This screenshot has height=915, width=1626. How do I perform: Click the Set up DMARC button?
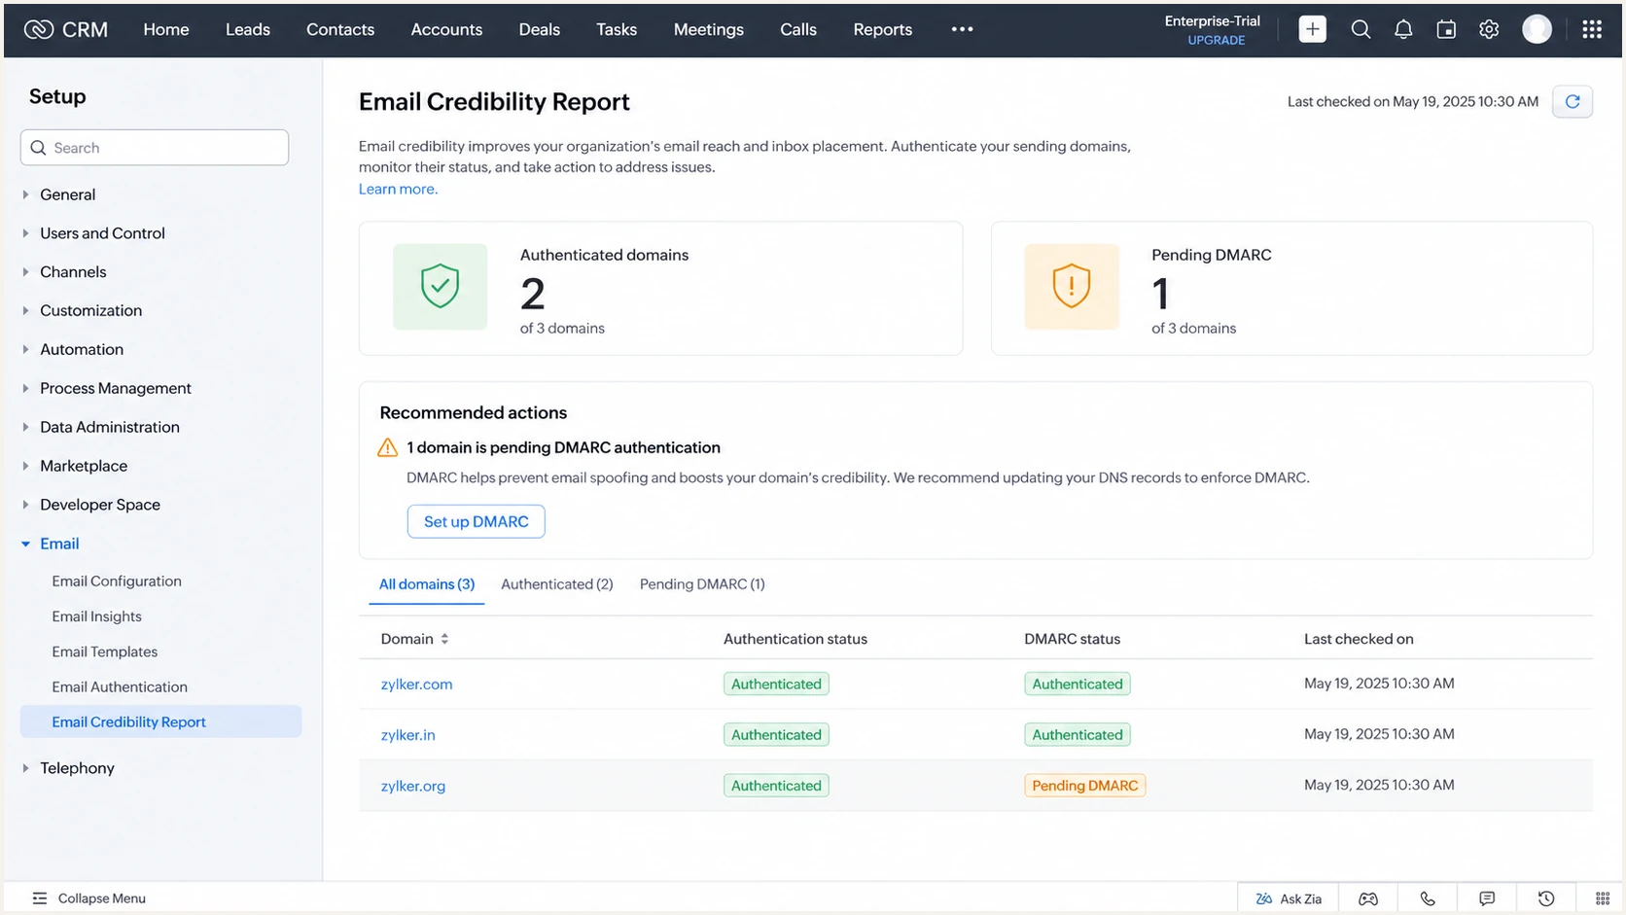[476, 521]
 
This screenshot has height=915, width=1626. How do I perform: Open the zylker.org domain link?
[413, 785]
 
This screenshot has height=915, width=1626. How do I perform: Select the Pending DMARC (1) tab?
[702, 584]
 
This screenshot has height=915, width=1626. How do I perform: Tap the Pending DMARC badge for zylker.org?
[1084, 785]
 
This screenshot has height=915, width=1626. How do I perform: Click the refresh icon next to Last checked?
[1573, 101]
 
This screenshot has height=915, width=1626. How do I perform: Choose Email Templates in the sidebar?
[104, 651]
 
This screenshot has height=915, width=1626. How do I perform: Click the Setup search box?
[155, 147]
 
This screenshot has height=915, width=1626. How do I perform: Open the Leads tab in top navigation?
[248, 29]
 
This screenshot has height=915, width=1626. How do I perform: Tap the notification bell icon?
[1403, 29]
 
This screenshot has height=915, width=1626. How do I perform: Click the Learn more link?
[398, 189]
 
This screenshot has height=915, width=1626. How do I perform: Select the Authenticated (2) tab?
[557, 584]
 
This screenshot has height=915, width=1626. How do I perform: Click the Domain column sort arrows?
[444, 639]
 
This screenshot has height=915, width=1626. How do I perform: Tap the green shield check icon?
[440, 286]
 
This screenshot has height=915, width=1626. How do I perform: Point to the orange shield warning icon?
[1072, 286]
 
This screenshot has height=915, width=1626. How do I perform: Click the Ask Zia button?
[1289, 898]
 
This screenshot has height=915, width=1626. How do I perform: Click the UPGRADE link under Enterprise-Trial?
[1216, 40]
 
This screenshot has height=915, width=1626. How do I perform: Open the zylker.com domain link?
[416, 684]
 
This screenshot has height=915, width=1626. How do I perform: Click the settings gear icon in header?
[1489, 29]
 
